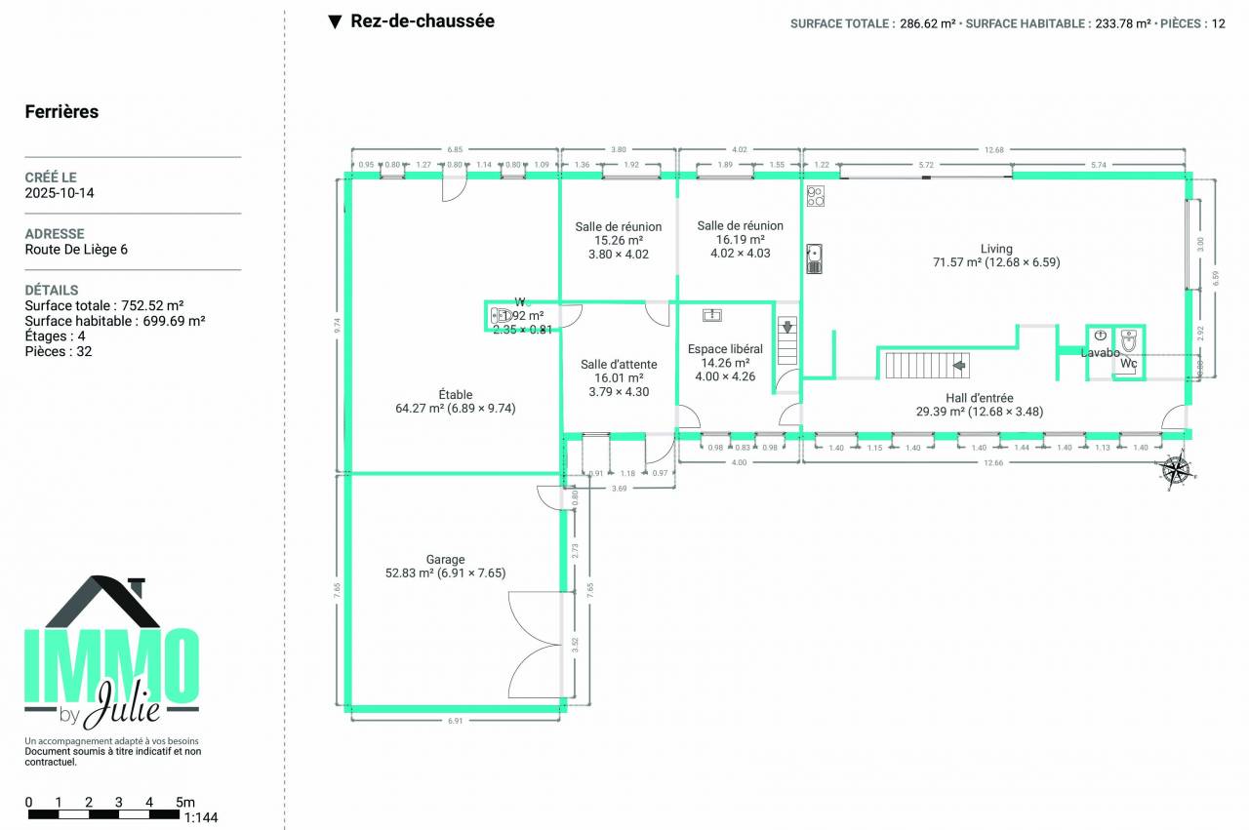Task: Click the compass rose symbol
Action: (x=1176, y=470)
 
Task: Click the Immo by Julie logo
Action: (x=111, y=653)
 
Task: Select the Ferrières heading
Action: (x=61, y=112)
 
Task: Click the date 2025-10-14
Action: (x=60, y=193)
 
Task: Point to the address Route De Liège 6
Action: (x=76, y=250)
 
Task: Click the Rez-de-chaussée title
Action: (x=422, y=21)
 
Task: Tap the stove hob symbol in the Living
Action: (x=816, y=196)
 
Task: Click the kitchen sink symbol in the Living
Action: (x=815, y=258)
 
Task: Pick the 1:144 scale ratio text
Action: (x=200, y=817)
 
